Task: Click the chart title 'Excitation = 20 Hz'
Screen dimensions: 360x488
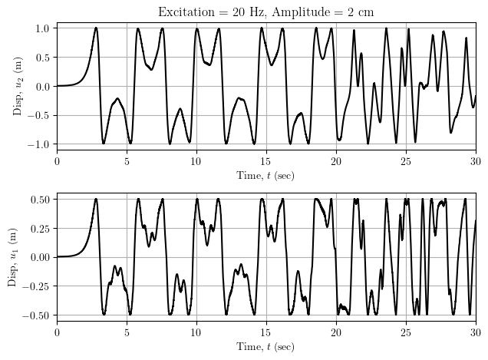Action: pyautogui.click(x=206, y=12)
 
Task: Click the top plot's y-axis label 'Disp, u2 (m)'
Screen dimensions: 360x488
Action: pyautogui.click(x=18, y=86)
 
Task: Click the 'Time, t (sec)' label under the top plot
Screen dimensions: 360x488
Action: pyautogui.click(x=265, y=176)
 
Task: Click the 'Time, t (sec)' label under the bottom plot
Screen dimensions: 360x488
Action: pyautogui.click(x=265, y=347)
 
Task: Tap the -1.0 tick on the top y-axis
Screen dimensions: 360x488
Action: pyautogui.click(x=41, y=144)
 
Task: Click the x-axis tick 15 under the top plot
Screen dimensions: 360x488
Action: pyautogui.click(x=265, y=160)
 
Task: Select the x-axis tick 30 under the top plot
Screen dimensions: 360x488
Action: pyautogui.click(x=475, y=160)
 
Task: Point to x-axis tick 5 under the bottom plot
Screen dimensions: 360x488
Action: pyautogui.click(x=127, y=332)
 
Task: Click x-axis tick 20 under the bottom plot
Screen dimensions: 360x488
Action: pyautogui.click(x=335, y=332)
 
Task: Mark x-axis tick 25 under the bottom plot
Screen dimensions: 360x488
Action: pyautogui.click(x=405, y=332)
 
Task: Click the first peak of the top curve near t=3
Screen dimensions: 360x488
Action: pyautogui.click(x=96, y=28)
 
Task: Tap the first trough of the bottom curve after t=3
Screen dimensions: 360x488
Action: pyautogui.click(x=104, y=314)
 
